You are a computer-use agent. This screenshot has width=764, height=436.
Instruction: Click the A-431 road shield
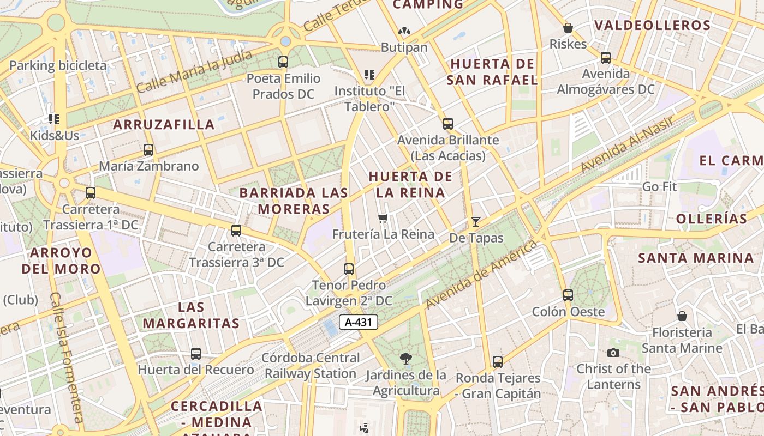[359, 322]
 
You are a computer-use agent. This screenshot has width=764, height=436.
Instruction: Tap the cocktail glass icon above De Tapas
[476, 221]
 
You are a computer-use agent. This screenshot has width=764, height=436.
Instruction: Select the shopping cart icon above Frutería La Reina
[383, 219]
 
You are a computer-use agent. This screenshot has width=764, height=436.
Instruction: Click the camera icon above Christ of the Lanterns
[613, 353]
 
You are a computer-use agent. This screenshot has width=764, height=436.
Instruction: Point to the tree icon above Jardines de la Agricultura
[405, 359]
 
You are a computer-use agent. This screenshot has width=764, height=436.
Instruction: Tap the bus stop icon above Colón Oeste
[568, 295]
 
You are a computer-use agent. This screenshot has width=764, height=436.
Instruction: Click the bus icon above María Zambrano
[148, 149]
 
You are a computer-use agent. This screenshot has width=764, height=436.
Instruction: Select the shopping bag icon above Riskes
[568, 28]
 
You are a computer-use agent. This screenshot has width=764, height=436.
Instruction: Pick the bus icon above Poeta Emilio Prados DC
[283, 62]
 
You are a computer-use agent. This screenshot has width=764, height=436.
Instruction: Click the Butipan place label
[404, 47]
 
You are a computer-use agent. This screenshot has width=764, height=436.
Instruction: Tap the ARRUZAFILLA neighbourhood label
[164, 124]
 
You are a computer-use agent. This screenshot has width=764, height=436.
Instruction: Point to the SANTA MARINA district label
[696, 258]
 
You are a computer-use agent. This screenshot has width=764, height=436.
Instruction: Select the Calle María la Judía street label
[194, 71]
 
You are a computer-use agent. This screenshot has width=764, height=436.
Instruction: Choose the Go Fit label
[659, 186]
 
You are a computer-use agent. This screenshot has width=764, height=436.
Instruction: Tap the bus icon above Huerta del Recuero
[196, 354]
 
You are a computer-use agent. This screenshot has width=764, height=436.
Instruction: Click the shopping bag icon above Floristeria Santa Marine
[682, 316]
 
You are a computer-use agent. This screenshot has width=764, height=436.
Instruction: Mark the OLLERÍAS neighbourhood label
[712, 219]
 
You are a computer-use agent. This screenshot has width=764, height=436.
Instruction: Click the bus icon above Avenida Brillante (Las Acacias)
[448, 124]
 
